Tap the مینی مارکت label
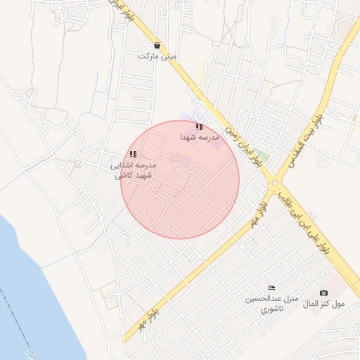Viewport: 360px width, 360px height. click(x=157, y=56)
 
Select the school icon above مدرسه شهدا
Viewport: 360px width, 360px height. click(x=200, y=127)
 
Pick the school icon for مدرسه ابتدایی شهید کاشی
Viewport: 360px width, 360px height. click(x=134, y=154)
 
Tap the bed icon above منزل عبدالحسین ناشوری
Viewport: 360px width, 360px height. click(x=271, y=288)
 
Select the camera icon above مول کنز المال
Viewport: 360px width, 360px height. click(x=323, y=292)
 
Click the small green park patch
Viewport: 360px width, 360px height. click(x=262, y=156)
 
